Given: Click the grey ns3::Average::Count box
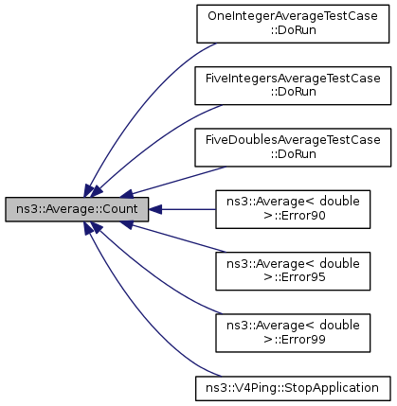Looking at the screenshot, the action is [x=77, y=209].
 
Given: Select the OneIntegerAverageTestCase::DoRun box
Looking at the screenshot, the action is [x=293, y=24].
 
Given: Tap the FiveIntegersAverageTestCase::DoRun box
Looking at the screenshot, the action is [x=293, y=85].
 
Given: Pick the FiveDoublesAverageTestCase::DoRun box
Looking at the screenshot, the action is [x=293, y=148].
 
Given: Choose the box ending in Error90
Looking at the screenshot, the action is [x=293, y=209].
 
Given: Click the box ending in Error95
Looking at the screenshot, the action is [x=293, y=271].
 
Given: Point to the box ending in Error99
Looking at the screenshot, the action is [x=293, y=333].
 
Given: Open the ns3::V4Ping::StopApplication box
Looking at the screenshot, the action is [x=293, y=388].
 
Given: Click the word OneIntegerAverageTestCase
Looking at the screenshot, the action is [x=293, y=16].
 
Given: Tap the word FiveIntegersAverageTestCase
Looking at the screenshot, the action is [x=293, y=79].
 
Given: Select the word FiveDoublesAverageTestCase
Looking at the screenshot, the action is [x=293, y=140].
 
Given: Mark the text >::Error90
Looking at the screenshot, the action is [x=295, y=216].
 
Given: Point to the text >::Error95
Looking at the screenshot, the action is [x=295, y=277].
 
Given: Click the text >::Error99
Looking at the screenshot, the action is [x=295, y=340].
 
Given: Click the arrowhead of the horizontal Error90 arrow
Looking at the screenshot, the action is [x=155, y=209].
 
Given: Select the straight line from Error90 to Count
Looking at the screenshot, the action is [x=182, y=209].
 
